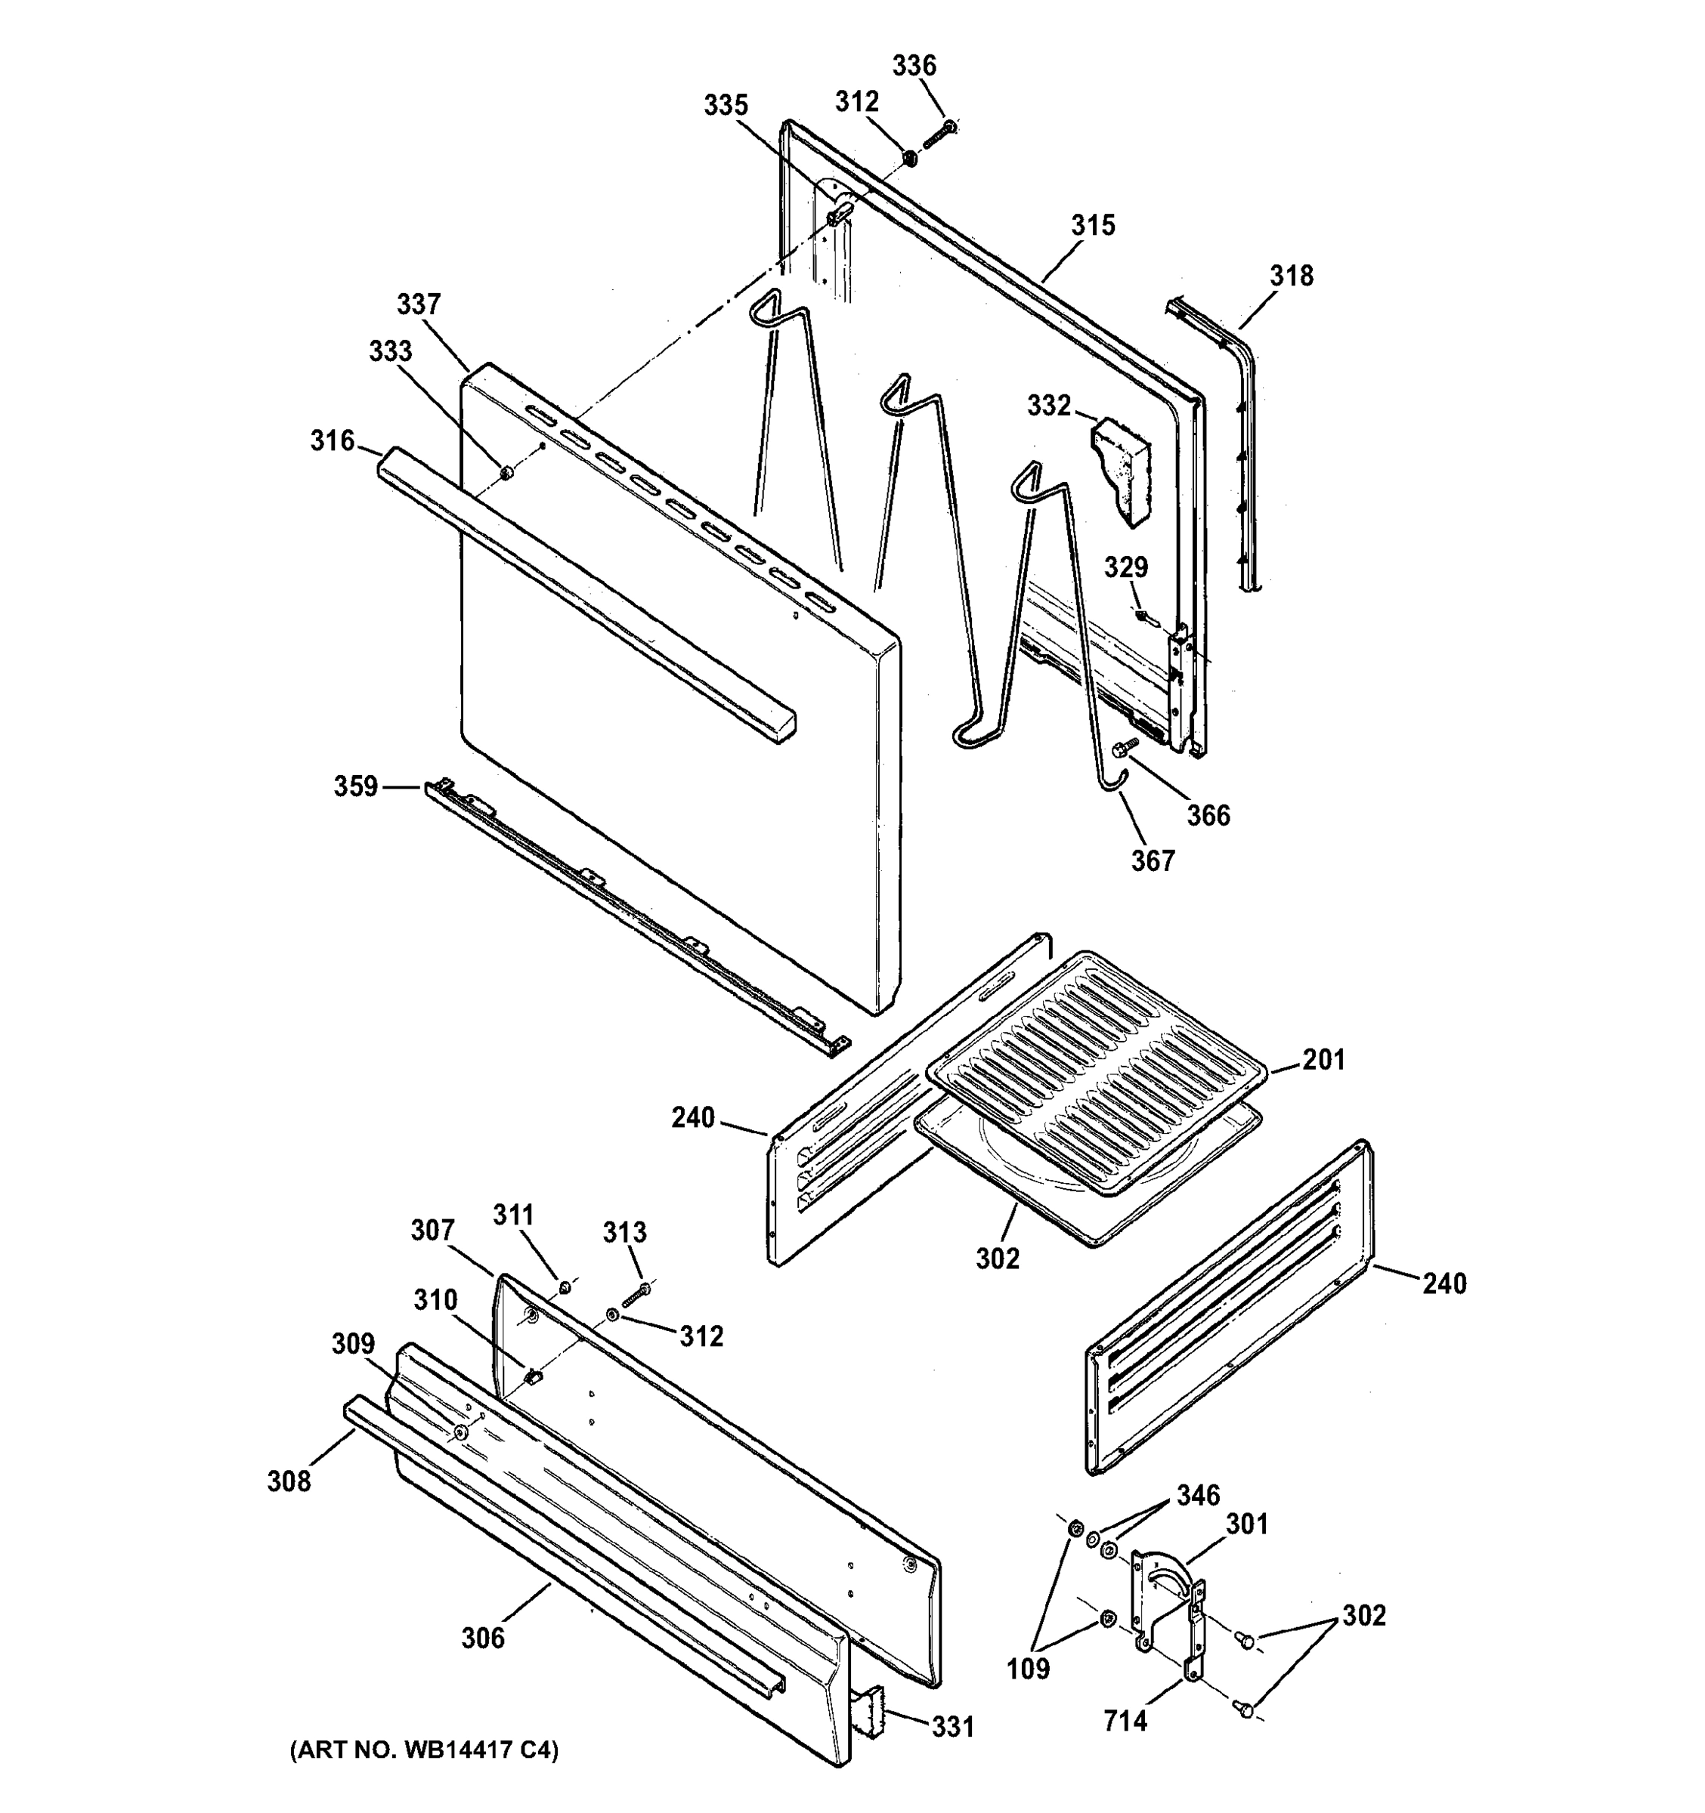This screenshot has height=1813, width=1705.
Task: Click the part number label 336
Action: pos(913,66)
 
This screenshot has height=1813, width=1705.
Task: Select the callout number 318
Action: pos(1291,276)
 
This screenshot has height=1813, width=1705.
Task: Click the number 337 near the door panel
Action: pos(419,304)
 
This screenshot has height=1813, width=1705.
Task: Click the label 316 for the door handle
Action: pos(332,441)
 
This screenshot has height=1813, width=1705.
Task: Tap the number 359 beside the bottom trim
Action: pos(355,786)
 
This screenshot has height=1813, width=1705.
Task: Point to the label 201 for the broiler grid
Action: pos(1323,1060)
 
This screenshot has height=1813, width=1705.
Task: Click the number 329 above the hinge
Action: pos(1126,567)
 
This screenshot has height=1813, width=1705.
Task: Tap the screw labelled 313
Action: pos(636,1291)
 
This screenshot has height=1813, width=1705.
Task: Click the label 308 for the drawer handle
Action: pos(288,1481)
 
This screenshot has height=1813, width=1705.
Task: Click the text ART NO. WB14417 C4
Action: pos(423,1750)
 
